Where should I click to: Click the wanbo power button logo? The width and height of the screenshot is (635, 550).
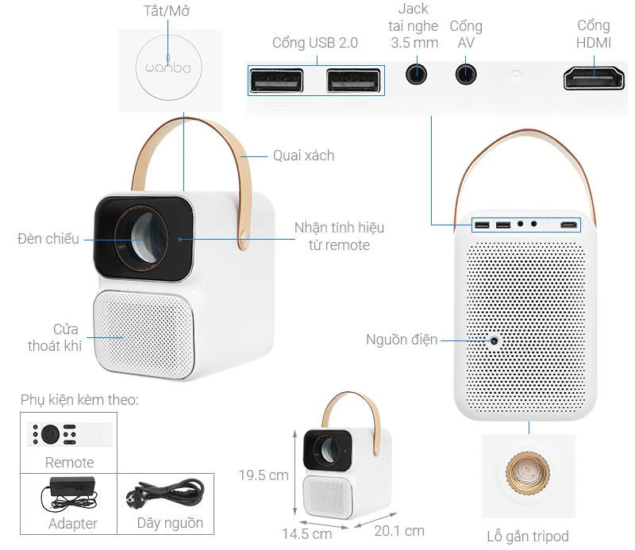pos(168,67)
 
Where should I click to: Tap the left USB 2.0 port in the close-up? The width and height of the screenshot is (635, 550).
pos(275,80)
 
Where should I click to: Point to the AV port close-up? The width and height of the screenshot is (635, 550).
pos(466,74)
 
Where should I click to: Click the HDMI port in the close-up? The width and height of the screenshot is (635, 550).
pos(594,78)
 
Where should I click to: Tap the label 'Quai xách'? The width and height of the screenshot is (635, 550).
pos(303,156)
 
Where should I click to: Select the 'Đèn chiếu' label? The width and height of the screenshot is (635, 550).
pos(48,238)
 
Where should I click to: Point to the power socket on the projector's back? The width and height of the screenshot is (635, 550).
pos(494,340)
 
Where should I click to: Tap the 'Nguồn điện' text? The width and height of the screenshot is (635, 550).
pos(402,340)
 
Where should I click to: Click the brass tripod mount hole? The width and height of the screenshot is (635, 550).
pos(527,473)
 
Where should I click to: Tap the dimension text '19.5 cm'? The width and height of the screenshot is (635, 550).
pos(264,475)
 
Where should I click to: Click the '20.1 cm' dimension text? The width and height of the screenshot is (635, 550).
pos(399,530)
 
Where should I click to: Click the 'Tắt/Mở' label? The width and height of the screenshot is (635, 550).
pos(168,12)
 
